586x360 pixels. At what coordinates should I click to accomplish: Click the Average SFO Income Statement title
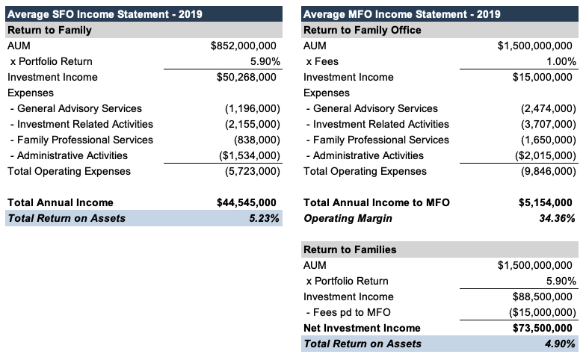[x=105, y=14]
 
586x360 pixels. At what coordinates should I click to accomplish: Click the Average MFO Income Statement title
[x=401, y=14]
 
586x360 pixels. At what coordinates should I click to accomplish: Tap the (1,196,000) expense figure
[x=253, y=108]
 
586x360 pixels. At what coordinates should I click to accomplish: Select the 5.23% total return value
[x=264, y=218]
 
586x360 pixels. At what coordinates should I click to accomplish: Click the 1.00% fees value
[x=561, y=61]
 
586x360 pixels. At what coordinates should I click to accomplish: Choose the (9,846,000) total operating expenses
[x=549, y=171]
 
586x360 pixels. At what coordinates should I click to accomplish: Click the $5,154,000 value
[x=547, y=202]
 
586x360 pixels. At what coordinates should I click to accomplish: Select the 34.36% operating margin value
[x=558, y=218]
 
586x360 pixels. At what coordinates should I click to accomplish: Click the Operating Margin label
[x=347, y=218]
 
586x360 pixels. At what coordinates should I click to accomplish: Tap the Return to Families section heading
[x=350, y=249]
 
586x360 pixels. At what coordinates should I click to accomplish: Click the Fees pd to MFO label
[x=348, y=312]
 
